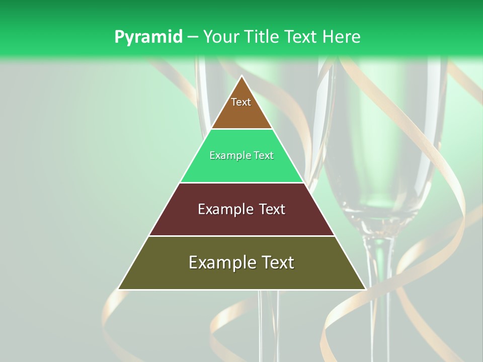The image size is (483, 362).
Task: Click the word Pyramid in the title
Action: click(148, 37)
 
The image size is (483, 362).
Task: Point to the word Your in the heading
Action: click(220, 37)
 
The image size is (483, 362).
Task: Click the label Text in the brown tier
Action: click(241, 102)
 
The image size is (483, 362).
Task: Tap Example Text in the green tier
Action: click(242, 156)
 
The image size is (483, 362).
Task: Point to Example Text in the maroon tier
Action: click(242, 209)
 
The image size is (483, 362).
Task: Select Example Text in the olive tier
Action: click(242, 262)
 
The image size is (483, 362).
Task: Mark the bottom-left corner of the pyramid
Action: click(119, 289)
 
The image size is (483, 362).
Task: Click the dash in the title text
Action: click(192, 37)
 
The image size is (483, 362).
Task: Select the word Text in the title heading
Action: click(301, 37)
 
